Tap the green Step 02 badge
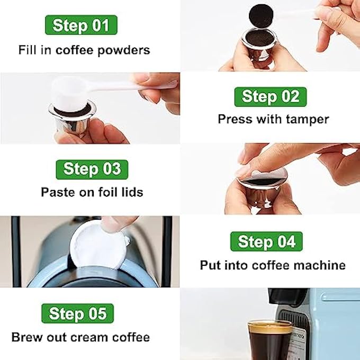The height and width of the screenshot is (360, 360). point(270,96)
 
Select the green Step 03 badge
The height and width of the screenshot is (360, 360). point(92,169)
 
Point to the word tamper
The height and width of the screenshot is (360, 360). point(307,119)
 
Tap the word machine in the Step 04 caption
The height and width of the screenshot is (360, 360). point(322,265)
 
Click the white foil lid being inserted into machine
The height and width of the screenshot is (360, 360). point(101,244)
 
